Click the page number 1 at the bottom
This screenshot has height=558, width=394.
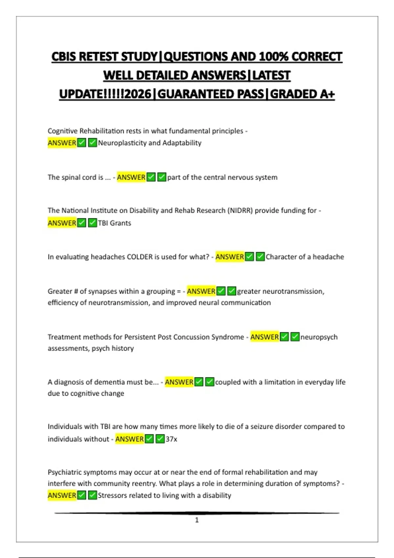pos(197,520)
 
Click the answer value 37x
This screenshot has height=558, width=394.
pos(171,439)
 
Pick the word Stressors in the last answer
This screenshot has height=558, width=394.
pos(112,495)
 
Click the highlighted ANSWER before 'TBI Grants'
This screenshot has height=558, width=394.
pos(62,223)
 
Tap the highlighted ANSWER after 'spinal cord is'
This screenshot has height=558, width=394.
pos(131,177)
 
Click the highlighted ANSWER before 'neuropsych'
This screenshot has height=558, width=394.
pos(264,337)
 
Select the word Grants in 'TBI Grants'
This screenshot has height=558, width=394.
pos(120,223)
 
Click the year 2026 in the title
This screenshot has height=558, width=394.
pos(138,94)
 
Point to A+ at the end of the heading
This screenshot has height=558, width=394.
pos(327,94)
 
